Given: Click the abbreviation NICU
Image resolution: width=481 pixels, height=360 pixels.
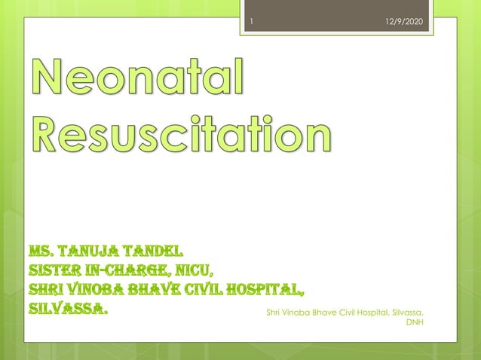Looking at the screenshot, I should pyautogui.click(x=196, y=270).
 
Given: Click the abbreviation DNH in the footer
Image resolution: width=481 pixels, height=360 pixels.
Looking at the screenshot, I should pyautogui.click(x=415, y=322).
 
